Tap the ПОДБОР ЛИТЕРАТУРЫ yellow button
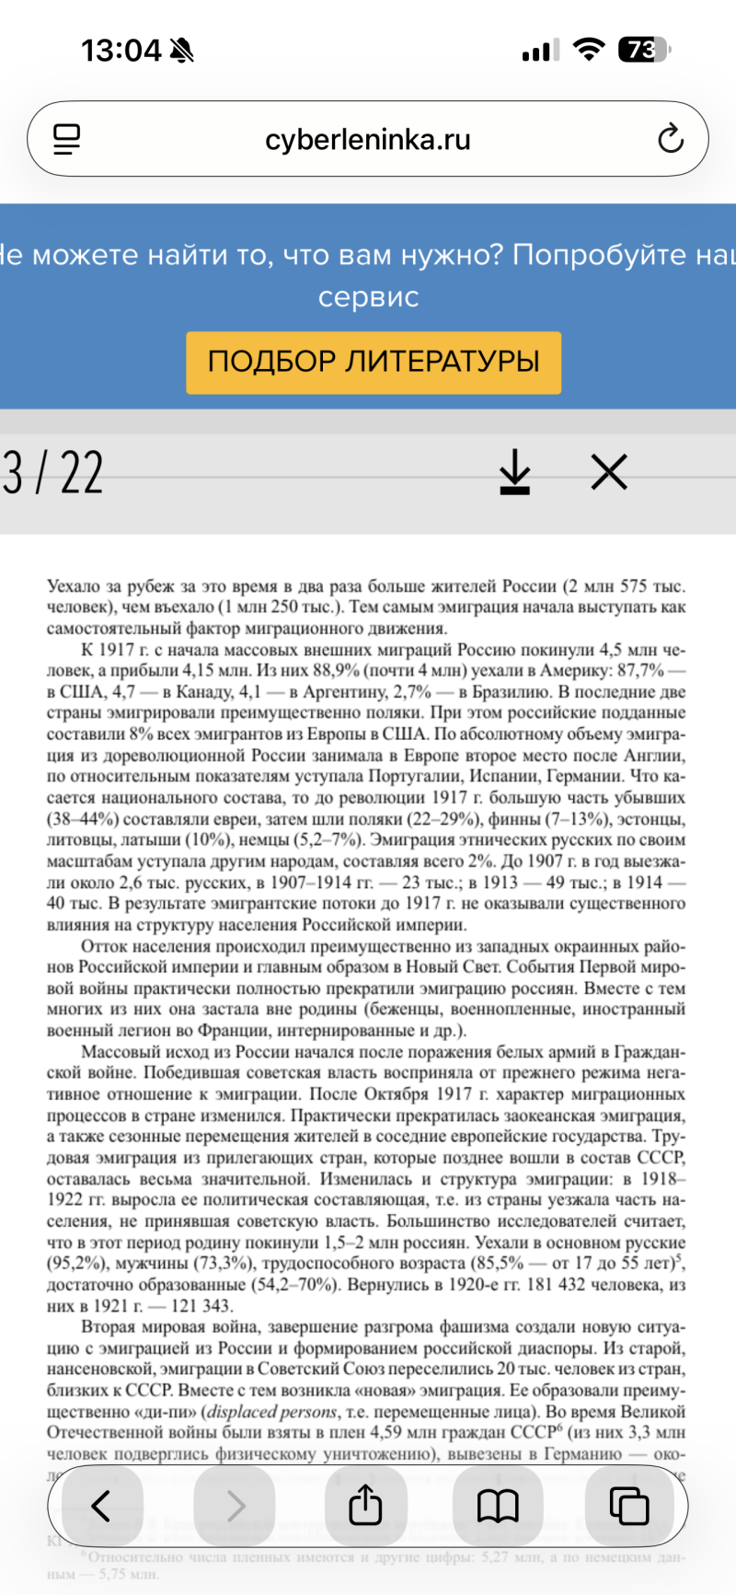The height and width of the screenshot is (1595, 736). [374, 362]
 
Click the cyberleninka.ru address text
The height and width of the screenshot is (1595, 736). [368, 140]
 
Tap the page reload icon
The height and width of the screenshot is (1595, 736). [671, 139]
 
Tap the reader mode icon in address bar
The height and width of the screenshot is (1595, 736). [67, 139]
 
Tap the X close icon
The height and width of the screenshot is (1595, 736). [609, 472]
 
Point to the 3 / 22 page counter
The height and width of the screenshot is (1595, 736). [52, 473]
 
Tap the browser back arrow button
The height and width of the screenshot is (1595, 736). [101, 1506]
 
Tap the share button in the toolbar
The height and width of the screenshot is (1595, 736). [365, 1506]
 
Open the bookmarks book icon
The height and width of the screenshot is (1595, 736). [498, 1506]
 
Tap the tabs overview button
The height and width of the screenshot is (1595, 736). [629, 1506]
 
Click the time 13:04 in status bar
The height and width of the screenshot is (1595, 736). [121, 50]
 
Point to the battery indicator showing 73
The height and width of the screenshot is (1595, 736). [643, 49]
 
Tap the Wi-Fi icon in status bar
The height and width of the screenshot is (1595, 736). [587, 49]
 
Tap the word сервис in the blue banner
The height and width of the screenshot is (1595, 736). [368, 297]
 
